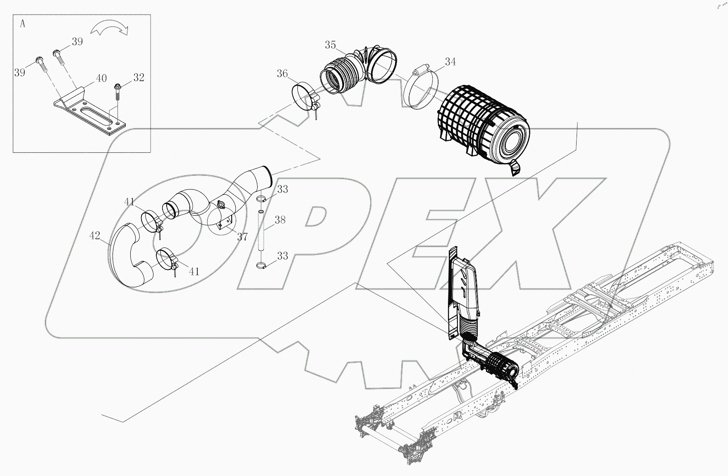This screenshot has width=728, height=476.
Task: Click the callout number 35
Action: [330, 45]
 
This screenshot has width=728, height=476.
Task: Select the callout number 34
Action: [450, 62]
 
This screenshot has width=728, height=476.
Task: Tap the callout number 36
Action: [282, 74]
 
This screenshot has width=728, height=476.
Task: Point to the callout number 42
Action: [95, 236]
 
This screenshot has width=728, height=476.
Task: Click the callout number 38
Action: [280, 220]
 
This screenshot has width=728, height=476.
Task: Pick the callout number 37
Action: [242, 237]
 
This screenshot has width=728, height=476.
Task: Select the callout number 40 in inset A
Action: [101, 78]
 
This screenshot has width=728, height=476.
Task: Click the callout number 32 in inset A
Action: [139, 77]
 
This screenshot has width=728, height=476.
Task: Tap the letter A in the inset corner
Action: [22, 24]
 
